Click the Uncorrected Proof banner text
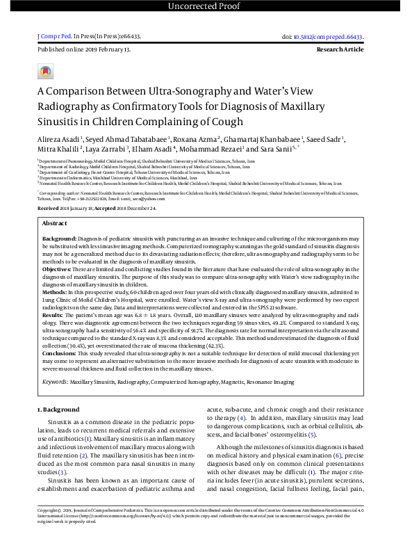tap(206, 8)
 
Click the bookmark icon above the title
tap(46, 72)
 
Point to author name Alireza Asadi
tap(58, 138)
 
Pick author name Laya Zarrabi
tap(106, 148)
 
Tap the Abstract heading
tap(55, 204)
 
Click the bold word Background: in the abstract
tap(61, 219)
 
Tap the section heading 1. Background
tap(58, 410)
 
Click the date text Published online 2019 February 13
tap(84, 51)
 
